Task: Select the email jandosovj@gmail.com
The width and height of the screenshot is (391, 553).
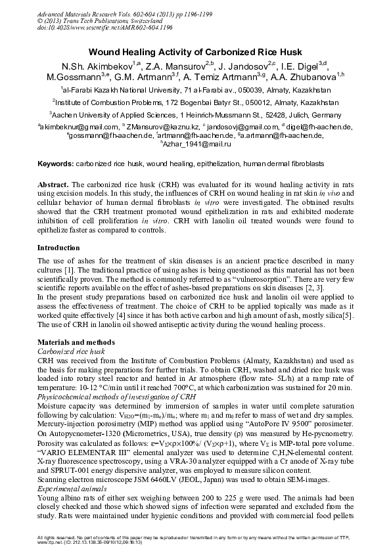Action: pos(242,126)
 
